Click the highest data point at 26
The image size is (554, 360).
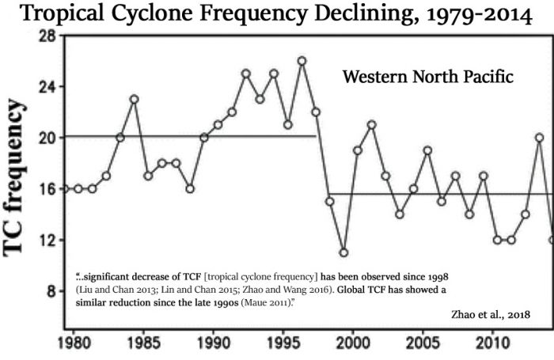(302, 61)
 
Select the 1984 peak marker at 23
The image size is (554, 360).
(134, 99)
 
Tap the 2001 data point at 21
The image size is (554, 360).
(371, 124)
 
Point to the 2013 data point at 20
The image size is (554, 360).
(539, 137)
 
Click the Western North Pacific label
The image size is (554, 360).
(428, 78)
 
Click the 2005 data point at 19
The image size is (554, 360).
(427, 150)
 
